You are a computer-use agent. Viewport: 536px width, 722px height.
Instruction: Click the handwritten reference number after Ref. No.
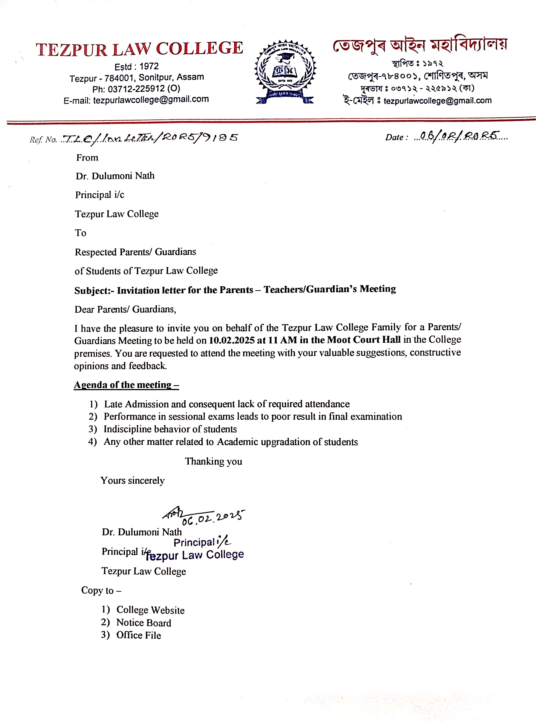150,138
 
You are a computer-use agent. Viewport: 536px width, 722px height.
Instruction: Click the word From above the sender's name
87,158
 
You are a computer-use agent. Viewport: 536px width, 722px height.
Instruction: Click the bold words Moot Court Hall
363,340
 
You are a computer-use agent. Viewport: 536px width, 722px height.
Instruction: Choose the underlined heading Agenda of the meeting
126,385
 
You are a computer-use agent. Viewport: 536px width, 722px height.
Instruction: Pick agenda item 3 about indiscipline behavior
170,429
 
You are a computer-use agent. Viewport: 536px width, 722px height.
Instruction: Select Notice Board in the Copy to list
143,623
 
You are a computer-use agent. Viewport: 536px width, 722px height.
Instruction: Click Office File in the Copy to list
138,635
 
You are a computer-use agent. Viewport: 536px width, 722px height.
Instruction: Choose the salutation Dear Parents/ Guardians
125,309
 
